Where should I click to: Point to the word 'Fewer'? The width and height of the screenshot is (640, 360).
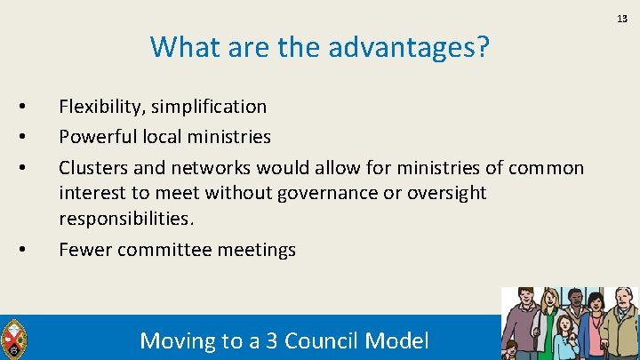pyautogui.click(x=84, y=251)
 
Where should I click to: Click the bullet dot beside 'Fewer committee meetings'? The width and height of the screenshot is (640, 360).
pyautogui.click(x=20, y=250)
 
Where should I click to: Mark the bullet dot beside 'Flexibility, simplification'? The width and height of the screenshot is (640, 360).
pyautogui.click(x=20, y=107)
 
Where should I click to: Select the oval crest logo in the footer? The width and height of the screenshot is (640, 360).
pyautogui.click(x=13, y=339)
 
